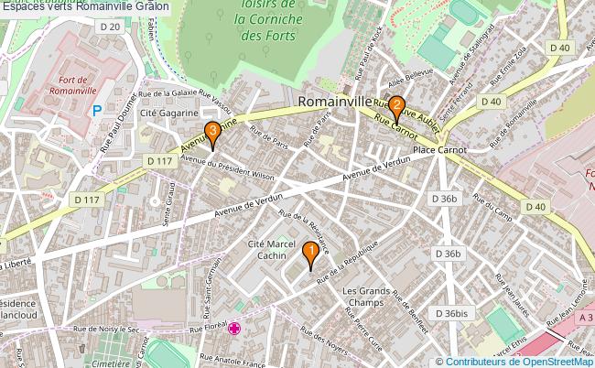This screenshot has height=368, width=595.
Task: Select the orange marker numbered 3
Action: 212,134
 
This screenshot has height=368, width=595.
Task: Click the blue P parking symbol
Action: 97,111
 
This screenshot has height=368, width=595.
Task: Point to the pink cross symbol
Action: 235,329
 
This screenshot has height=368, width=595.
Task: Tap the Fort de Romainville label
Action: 70,86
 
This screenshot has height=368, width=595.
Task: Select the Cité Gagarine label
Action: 170,112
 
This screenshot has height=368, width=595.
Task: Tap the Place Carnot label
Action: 439,149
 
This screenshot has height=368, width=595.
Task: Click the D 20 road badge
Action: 109,27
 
